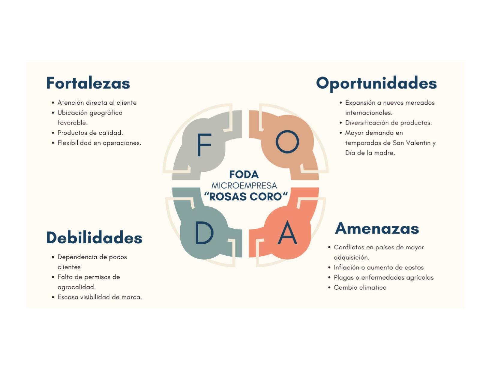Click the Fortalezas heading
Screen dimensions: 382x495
click(88, 83)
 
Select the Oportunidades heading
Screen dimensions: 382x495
click(376, 83)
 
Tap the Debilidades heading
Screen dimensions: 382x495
click(94, 238)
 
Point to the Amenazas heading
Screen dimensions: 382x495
click(377, 228)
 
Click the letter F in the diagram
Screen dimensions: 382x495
click(204, 145)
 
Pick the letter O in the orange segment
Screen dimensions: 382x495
click(287, 142)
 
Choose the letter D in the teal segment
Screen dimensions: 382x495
click(204, 233)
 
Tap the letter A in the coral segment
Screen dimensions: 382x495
click(287, 233)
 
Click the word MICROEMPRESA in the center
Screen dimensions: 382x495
click(244, 185)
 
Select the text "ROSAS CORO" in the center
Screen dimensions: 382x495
click(245, 197)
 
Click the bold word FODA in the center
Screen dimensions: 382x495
click(244, 174)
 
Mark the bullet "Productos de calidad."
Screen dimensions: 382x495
click(90, 133)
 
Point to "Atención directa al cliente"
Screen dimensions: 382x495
click(97, 103)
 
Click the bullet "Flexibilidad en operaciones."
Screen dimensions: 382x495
click(99, 143)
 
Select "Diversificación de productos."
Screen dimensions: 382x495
click(388, 123)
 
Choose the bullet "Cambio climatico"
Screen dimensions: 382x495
click(360, 287)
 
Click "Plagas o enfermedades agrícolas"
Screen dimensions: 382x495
click(383, 278)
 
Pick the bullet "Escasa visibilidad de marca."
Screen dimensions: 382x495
click(100, 297)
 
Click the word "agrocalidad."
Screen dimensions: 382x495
click(76, 287)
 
